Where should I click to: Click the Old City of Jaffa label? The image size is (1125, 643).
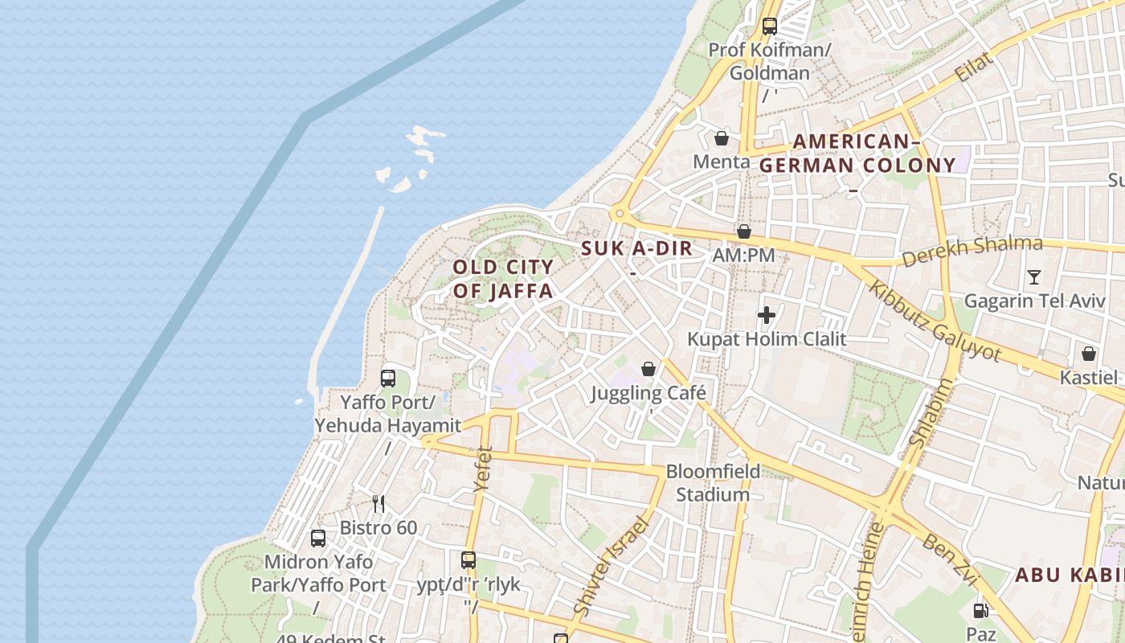click(x=503, y=279)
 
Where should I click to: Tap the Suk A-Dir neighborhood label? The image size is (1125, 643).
click(x=636, y=248)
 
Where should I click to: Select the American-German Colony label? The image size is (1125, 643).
click(x=857, y=154)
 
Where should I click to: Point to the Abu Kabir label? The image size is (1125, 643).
click(x=1069, y=575)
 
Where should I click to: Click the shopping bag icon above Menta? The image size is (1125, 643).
click(x=722, y=138)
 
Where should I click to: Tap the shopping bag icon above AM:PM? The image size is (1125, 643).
click(x=744, y=231)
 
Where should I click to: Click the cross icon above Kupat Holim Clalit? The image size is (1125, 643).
click(x=767, y=315)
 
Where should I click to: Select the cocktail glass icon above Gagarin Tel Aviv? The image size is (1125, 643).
click(x=1034, y=277)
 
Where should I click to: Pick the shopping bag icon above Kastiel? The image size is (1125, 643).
click(x=1089, y=354)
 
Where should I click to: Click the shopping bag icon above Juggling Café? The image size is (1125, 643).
click(x=648, y=369)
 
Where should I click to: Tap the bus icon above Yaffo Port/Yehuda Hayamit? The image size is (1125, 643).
click(x=388, y=378)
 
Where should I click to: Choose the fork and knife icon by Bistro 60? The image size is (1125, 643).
click(x=378, y=504)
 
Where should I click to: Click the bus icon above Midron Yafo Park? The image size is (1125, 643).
click(x=318, y=538)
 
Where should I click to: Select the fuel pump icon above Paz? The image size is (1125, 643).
click(x=980, y=611)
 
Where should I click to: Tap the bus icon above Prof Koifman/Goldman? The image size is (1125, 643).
click(x=770, y=26)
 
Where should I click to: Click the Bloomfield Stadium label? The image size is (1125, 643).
click(x=713, y=483)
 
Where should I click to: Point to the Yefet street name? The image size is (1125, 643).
click(x=483, y=468)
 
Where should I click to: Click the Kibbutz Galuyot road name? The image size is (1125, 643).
click(x=935, y=321)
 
